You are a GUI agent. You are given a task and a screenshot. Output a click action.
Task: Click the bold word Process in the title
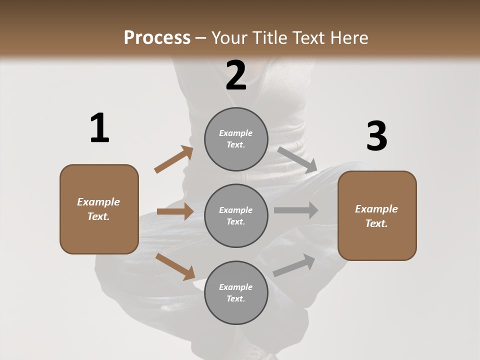(x=157, y=38)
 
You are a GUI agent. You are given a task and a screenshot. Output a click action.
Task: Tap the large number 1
(x=99, y=128)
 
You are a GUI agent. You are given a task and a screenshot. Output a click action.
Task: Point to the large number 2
(x=236, y=76)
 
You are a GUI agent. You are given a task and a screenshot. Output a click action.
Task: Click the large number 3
(x=376, y=136)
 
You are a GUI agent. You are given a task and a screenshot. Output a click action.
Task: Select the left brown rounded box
(x=99, y=208)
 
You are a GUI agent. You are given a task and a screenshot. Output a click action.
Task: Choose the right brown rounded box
(x=377, y=215)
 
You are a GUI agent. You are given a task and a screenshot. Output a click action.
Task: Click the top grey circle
(x=236, y=138)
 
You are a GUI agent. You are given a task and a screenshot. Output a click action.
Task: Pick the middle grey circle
(x=236, y=215)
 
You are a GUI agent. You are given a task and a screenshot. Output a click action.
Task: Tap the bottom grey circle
(x=236, y=292)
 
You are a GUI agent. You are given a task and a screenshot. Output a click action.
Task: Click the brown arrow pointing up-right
(x=174, y=159)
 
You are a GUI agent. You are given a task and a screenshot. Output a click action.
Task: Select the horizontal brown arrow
(x=175, y=211)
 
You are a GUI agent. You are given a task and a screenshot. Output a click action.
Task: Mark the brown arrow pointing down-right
(x=175, y=266)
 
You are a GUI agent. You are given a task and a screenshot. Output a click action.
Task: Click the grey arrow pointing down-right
(x=297, y=159)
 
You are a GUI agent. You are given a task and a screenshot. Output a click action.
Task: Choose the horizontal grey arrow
(x=295, y=210)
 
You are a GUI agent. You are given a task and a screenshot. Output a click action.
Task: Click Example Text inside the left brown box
(x=98, y=209)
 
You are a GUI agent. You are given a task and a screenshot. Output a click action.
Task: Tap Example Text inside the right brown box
(x=376, y=216)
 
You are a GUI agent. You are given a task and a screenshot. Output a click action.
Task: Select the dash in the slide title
(x=201, y=38)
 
